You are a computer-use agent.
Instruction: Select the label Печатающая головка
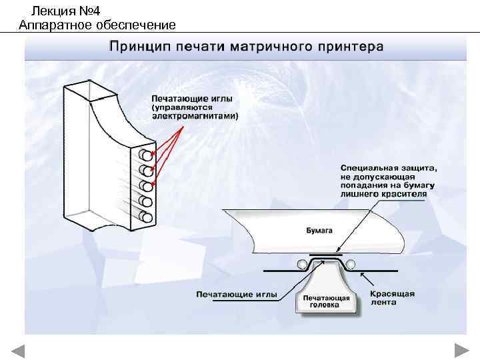click(x=321, y=300)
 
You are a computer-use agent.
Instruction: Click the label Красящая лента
click(x=392, y=297)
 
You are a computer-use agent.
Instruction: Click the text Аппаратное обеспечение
click(x=97, y=25)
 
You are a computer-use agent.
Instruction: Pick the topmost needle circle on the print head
click(x=144, y=156)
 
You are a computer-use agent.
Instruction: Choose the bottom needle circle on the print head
click(x=144, y=217)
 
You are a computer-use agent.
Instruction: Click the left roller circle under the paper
click(x=304, y=265)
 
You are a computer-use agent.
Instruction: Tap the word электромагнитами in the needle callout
click(x=195, y=115)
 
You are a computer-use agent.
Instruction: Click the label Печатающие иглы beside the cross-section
click(x=232, y=294)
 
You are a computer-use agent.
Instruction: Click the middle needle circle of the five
click(x=144, y=186)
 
